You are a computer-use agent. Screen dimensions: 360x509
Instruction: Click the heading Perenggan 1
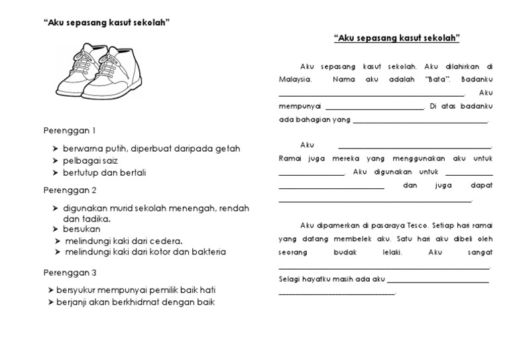[70, 130]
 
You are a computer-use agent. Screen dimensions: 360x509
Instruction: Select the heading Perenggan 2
[70, 190]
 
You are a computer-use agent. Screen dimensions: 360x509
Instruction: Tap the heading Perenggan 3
[70, 272]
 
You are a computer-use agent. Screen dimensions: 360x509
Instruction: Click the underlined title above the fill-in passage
[396, 39]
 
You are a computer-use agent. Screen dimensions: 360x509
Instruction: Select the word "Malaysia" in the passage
[295, 80]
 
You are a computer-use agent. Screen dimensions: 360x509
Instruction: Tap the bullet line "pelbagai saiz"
[90, 160]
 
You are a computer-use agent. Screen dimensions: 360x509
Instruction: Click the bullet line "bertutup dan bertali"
[104, 173]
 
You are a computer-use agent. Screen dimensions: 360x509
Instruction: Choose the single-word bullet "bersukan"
[82, 229]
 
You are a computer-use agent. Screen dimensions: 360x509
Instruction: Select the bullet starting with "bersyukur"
[136, 290]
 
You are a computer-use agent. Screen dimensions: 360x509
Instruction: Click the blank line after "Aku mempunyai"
[374, 107]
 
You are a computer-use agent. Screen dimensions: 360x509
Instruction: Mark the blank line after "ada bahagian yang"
[421, 121]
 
